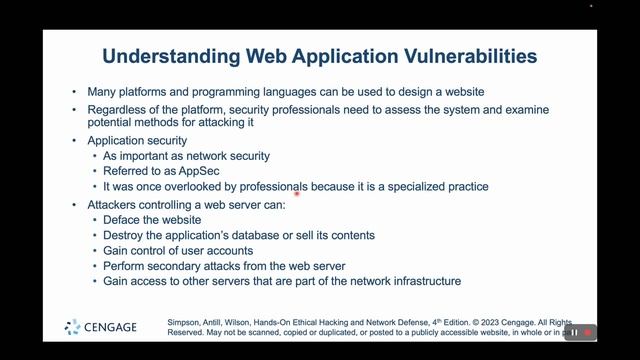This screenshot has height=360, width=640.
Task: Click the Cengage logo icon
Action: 73,327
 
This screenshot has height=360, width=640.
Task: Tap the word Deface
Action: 125,219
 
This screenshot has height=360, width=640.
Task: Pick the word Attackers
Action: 115,204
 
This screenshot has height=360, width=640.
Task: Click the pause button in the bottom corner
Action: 574,332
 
